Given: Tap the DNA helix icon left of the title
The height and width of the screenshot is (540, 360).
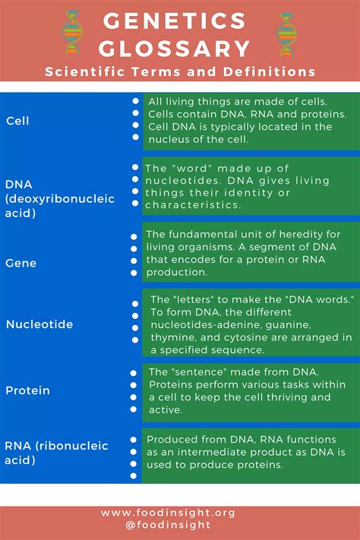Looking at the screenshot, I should [x=72, y=33].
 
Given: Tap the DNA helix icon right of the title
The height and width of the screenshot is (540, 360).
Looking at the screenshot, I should [x=287, y=33].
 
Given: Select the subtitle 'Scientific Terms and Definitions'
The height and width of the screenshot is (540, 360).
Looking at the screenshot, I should [x=179, y=72].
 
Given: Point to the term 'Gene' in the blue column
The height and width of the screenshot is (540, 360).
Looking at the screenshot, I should [x=21, y=263].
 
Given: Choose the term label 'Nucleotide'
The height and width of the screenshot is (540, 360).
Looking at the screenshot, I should [x=39, y=324].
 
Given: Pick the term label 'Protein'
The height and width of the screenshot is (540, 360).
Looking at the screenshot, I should [x=27, y=390].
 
